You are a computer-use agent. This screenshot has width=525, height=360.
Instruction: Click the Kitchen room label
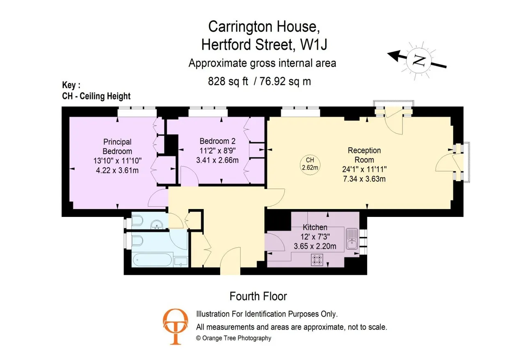click(315, 227)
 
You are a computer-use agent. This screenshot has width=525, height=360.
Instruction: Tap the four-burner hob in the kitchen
click(317, 260)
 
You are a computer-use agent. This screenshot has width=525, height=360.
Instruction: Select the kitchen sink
click(352, 239)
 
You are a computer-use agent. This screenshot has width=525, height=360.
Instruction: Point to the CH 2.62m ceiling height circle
click(310, 164)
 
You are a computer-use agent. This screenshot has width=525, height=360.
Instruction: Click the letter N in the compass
click(419, 61)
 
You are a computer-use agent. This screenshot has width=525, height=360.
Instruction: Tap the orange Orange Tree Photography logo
click(175, 326)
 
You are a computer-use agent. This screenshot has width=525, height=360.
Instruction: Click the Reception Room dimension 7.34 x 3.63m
click(364, 179)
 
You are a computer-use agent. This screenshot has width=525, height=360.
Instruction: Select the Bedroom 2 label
click(217, 141)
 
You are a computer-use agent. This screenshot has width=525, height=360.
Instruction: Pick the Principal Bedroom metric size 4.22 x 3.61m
click(117, 170)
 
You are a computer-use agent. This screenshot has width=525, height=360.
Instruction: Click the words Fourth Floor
click(258, 296)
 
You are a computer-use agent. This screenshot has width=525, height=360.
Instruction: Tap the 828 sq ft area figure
click(228, 81)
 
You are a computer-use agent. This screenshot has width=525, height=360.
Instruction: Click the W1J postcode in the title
click(314, 45)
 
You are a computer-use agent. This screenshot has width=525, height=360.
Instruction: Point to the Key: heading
click(71, 85)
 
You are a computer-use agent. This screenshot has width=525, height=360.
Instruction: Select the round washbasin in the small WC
click(157, 225)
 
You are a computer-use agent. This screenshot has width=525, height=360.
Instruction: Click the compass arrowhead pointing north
click(393, 55)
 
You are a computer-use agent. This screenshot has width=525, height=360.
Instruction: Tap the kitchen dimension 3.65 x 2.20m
click(315, 246)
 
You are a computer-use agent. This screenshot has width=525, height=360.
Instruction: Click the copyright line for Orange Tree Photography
click(233, 338)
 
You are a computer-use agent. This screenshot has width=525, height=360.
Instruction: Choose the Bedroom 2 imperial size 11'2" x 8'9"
click(217, 150)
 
